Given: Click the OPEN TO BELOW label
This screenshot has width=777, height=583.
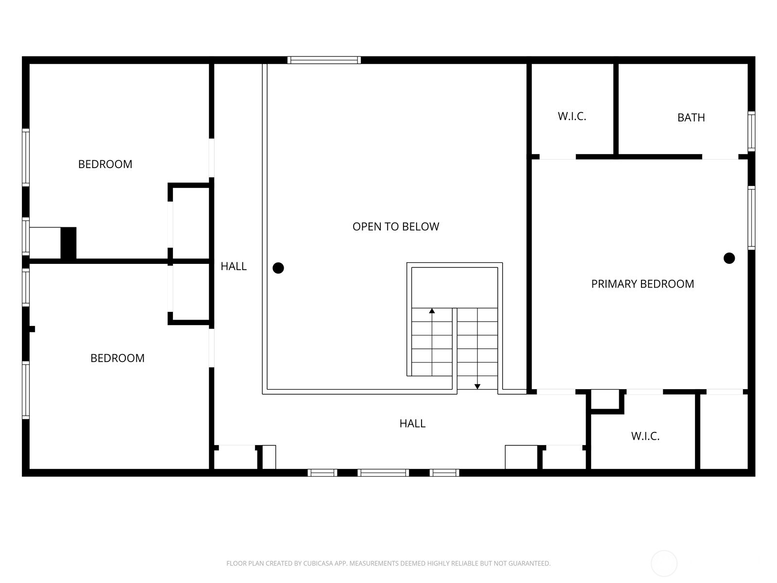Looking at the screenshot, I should [x=395, y=226].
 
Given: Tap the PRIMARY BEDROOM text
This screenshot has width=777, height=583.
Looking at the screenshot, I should [x=642, y=284].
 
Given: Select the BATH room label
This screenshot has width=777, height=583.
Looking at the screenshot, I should [x=691, y=118].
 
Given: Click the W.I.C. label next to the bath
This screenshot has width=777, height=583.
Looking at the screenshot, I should [x=572, y=117].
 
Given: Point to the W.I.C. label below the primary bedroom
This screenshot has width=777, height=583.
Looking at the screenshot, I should [x=645, y=436].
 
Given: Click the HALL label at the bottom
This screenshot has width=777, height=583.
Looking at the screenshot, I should [x=412, y=424].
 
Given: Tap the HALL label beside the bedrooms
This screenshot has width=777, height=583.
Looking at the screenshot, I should [x=234, y=266].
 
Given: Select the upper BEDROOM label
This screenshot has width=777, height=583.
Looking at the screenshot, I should [x=105, y=164].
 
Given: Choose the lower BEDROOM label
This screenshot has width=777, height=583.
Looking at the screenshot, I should [x=117, y=358].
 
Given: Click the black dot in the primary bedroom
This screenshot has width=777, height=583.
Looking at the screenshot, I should [x=728, y=258].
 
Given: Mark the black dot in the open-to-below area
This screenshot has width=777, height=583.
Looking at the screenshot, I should [x=278, y=268].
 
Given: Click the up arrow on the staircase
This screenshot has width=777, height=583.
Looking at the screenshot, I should [x=432, y=311].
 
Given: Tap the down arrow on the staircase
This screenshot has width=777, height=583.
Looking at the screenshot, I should [x=477, y=386].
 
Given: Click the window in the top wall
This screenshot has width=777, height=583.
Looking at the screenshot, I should [x=323, y=60].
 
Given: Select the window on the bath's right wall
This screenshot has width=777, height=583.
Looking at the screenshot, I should [x=751, y=131].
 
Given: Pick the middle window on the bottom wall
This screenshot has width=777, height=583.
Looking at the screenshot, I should [x=383, y=473].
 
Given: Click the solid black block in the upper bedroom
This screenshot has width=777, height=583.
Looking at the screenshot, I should [x=68, y=243].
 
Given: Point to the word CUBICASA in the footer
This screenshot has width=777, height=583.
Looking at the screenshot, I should [x=318, y=564].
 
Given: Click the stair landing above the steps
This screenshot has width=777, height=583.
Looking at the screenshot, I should [x=454, y=287].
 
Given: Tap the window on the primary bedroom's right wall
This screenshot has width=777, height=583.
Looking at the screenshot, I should [x=751, y=218].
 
